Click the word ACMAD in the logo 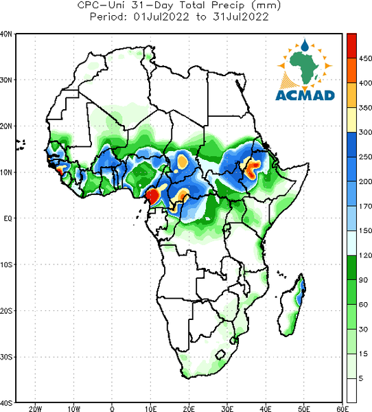305,95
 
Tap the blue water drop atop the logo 305,45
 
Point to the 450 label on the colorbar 365,58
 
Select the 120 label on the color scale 365,255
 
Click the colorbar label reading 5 361,378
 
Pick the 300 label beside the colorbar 365,132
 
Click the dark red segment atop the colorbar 351,46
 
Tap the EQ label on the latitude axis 8,218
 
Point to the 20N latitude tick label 6,126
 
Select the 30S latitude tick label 6,357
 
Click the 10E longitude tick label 151,409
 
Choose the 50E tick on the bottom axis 304,409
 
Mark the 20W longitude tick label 36,409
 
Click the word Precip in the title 228,5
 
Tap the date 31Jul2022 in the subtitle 241,16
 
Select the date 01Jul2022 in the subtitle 161,16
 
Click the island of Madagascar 290,308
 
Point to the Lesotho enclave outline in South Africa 220,355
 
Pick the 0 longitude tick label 112,409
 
